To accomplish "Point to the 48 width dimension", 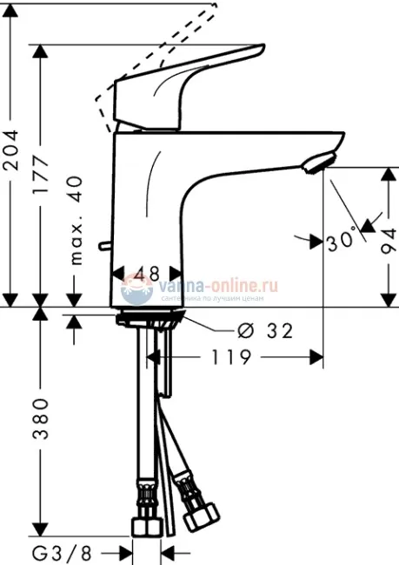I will (x=148, y=274).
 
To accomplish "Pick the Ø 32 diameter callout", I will (x=264, y=330).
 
